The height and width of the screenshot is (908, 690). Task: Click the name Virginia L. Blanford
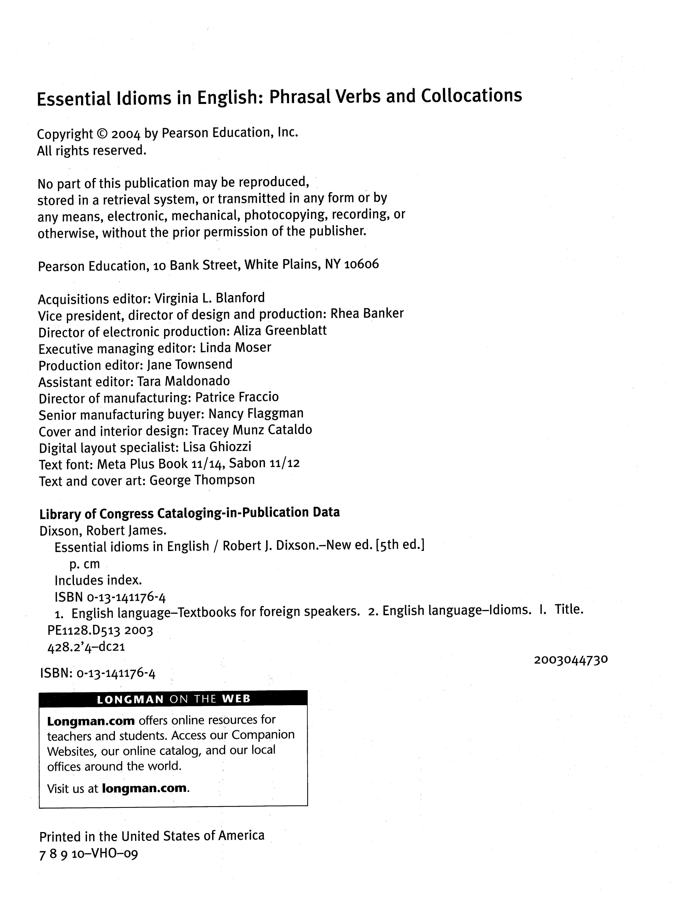tap(209, 298)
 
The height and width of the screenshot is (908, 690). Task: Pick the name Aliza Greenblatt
tap(280, 331)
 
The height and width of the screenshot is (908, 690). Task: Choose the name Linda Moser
tap(235, 348)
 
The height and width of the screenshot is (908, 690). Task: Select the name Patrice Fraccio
tap(237, 397)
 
